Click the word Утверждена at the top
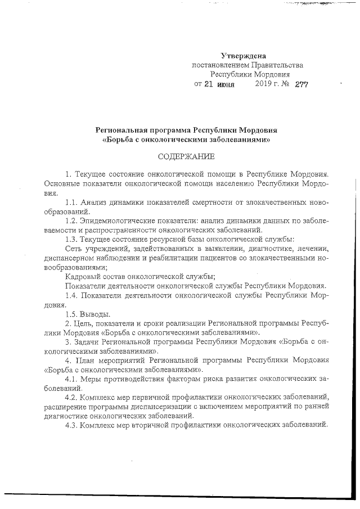(x=243, y=56)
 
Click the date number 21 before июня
(x=208, y=84)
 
